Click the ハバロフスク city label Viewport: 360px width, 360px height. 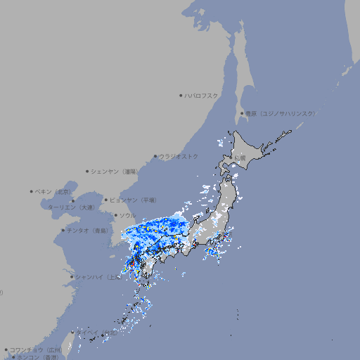[202, 96]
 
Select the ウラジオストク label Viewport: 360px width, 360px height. [179, 156]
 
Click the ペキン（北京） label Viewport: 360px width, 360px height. [53, 191]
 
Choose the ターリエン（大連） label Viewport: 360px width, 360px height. [71, 207]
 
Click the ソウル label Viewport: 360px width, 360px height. [127, 215]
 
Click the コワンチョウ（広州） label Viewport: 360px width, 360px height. [35, 349]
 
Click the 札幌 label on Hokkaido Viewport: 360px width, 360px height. [241, 157]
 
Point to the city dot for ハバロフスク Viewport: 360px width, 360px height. [181, 96]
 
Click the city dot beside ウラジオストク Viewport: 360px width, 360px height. [155, 156]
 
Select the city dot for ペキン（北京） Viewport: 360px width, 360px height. [32, 191]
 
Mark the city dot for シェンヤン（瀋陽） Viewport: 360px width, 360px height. [87, 171]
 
